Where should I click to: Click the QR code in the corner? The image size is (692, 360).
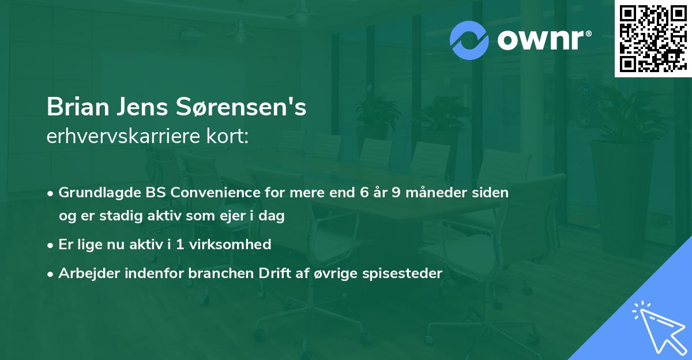click(x=652, y=39)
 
